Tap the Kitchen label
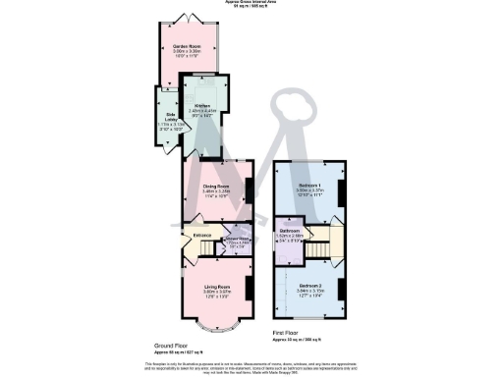[201, 105]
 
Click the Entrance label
[203, 234]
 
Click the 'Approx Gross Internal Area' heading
[252, 3]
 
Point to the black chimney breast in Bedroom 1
[342, 191]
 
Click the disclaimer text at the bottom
[251, 366]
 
